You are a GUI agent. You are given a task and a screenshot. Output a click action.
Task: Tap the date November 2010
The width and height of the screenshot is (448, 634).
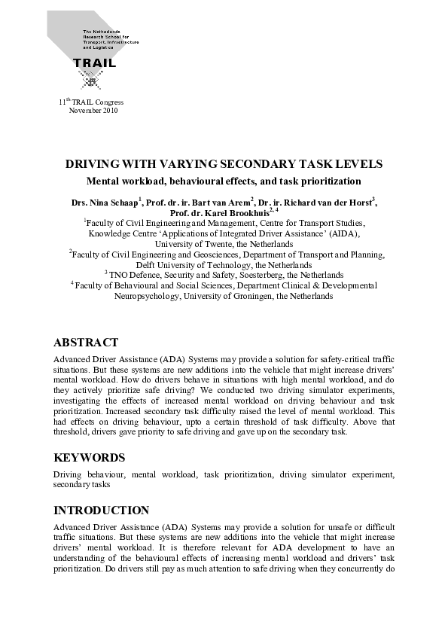click(x=93, y=111)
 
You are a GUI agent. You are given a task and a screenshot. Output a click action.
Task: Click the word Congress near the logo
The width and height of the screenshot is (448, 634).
click(x=108, y=102)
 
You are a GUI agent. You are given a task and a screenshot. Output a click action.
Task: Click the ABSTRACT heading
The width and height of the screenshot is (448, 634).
click(x=86, y=343)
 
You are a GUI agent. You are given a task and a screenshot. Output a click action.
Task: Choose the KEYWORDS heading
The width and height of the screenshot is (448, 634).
click(x=89, y=458)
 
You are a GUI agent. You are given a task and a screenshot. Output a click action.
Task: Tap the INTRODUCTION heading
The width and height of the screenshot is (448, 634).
click(x=102, y=511)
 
